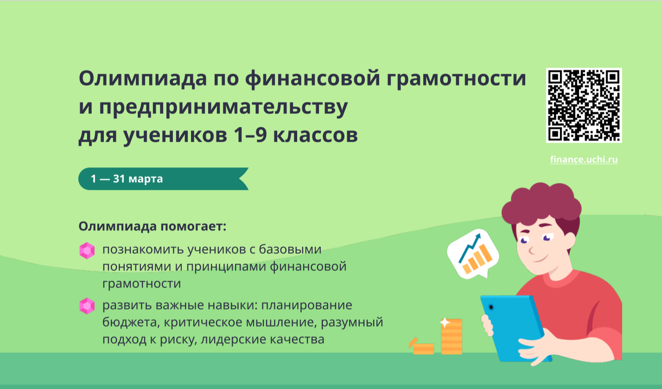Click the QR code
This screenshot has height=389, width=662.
click(x=584, y=105)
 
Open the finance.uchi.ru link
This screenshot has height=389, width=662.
click(x=584, y=160)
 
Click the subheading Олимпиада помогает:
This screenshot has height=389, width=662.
click(x=152, y=226)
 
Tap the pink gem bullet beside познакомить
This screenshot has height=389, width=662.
click(x=87, y=251)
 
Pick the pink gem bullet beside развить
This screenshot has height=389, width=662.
click(x=87, y=306)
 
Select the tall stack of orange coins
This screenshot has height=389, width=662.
click(x=451, y=338)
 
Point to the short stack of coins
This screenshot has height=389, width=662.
click(x=423, y=348)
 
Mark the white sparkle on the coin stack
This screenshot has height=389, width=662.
click(x=445, y=323)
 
